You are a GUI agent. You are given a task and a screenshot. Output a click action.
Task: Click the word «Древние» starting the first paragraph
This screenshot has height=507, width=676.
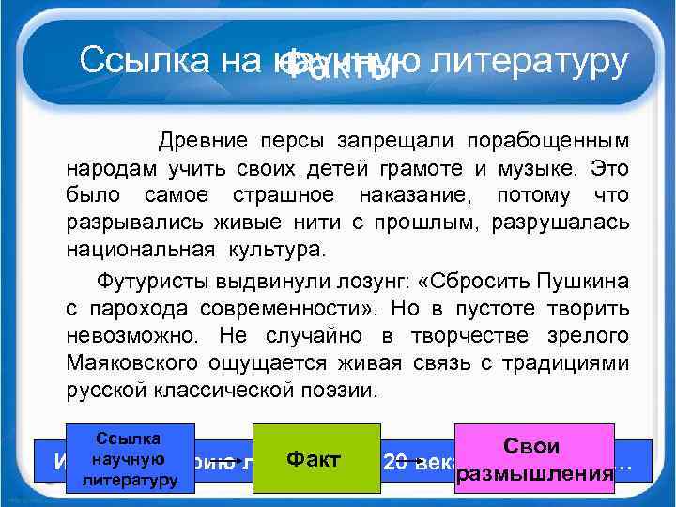(204, 141)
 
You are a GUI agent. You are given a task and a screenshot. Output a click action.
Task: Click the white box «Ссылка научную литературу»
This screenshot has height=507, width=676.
(130, 459)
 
